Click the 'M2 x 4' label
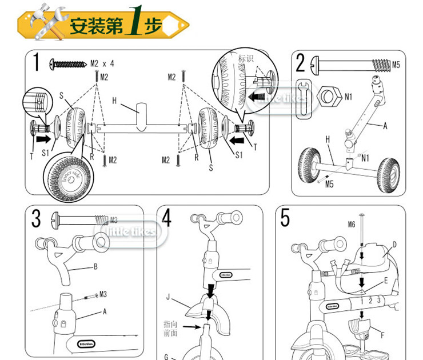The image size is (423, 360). (x=102, y=63)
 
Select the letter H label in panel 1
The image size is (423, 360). (x=114, y=101)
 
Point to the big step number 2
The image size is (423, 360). (x=302, y=62)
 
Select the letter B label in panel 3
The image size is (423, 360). (x=96, y=267)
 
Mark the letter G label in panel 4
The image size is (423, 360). (x=166, y=357)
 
